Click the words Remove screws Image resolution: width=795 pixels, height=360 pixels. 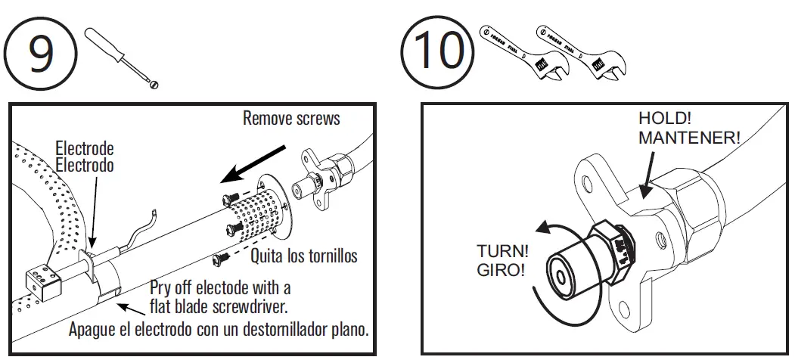coord(291,118)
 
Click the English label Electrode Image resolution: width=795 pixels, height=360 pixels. coord(85,149)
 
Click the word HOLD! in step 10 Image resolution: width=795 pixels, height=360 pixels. coord(666,119)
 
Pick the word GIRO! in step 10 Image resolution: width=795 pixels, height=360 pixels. coord(500,269)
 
